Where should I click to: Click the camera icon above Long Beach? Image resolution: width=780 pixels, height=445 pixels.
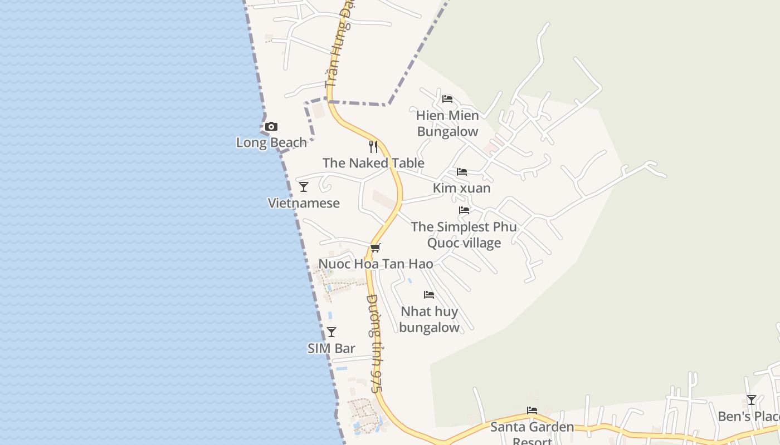[271, 127]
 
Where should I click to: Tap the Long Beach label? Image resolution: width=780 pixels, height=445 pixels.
[271, 143]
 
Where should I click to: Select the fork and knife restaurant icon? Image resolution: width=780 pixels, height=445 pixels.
[373, 147]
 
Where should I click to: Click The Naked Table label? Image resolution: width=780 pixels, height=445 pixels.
[373, 163]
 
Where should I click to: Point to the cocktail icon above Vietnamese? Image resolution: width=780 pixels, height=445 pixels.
[304, 187]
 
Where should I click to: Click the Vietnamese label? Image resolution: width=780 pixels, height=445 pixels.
[304, 203]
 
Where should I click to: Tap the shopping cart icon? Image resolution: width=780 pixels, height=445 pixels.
[376, 248]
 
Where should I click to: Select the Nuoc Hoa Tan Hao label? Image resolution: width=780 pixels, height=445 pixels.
[376, 264]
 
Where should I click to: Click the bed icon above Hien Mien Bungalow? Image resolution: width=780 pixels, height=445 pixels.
[447, 100]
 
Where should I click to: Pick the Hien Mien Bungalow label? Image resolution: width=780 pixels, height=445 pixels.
[447, 123]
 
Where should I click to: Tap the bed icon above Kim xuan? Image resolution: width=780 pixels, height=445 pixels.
[462, 172]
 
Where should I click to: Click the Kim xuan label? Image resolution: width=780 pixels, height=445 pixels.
[462, 188]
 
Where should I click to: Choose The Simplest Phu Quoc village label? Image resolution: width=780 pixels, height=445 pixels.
[464, 235]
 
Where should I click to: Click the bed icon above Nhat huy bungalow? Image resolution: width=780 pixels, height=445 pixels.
[429, 295]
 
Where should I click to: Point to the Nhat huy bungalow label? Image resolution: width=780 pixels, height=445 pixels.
[429, 319]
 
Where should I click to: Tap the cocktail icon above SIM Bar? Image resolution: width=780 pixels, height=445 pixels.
[331, 333]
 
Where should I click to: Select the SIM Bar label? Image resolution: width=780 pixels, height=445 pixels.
[331, 349]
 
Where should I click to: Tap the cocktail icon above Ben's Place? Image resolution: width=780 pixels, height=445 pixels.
[752, 400]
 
